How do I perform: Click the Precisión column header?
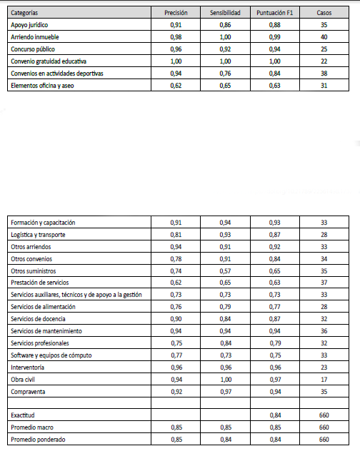point(176,13)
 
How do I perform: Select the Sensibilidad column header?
point(225,13)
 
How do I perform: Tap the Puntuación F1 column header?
point(275,13)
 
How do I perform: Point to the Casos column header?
point(324,13)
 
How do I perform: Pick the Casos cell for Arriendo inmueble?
point(324,37)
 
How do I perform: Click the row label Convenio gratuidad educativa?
point(49,61)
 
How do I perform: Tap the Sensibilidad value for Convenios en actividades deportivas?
point(225,74)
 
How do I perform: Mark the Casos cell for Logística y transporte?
point(324,235)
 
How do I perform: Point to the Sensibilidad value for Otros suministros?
point(225,271)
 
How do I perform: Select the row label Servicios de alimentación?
point(44,307)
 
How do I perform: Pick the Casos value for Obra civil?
point(324,380)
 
